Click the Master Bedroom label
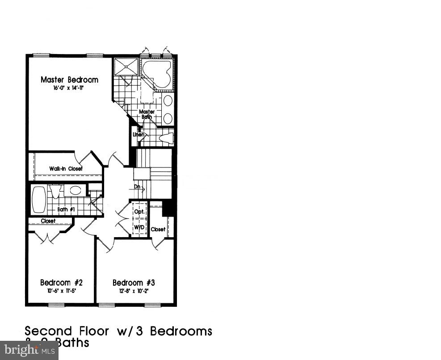tap(69, 80)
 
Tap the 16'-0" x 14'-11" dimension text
tap(69, 88)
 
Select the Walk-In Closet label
tap(66, 169)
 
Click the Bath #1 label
tap(66, 209)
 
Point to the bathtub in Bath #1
tap(39, 200)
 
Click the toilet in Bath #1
tap(55, 191)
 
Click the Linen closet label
tap(138, 134)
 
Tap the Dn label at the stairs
tap(138, 187)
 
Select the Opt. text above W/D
tap(139, 212)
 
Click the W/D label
tap(139, 227)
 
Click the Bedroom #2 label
tap(61, 283)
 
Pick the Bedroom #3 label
tap(134, 283)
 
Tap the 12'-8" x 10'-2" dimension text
tap(133, 291)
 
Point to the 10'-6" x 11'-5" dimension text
tap(61, 291)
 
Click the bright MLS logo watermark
tap(29, 351)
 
